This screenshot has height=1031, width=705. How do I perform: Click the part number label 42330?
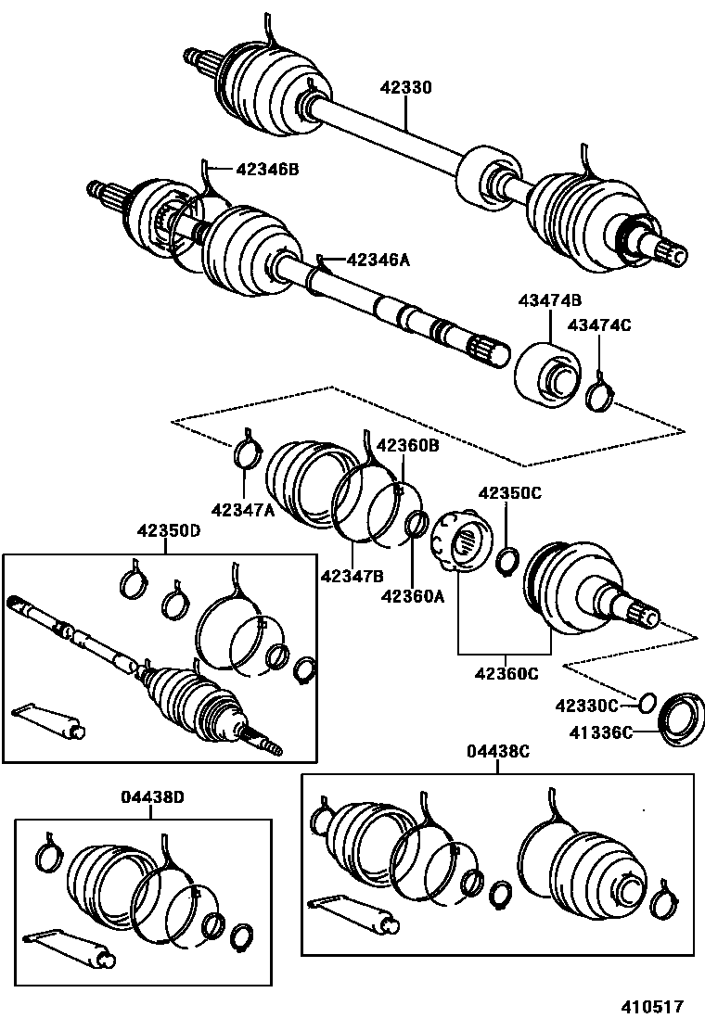tap(406, 89)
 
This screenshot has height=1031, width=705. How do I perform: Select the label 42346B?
tap(267, 170)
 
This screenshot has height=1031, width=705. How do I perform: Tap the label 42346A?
tap(378, 261)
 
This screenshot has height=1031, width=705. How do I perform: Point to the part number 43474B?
tap(549, 301)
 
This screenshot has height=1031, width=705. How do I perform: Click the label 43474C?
tap(598, 325)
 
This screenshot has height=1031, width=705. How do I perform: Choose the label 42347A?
tap(242, 509)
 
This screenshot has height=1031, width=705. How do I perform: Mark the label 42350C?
tap(509, 494)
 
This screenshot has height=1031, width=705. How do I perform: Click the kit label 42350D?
tap(168, 531)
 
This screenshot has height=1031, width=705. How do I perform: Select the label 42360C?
tap(506, 673)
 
